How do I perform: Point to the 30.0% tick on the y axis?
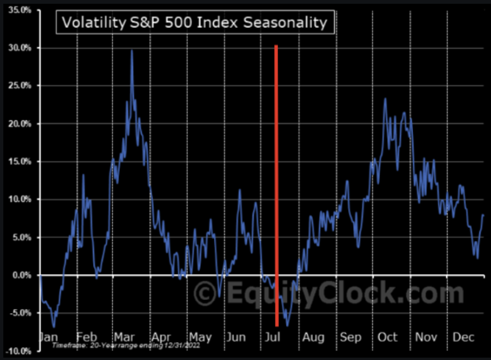point(19,48)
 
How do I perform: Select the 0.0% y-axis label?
point(21,275)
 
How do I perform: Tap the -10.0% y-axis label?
point(19,351)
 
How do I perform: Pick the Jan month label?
point(49,337)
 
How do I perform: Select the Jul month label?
point(273,337)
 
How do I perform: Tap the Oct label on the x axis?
point(388,337)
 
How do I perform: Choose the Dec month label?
point(463,337)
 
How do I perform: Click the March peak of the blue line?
point(132,51)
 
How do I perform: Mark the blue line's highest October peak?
point(385,99)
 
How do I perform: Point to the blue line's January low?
point(54,326)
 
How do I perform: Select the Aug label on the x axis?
point(313,337)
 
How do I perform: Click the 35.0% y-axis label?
point(19,10)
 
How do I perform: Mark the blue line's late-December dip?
point(478,258)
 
